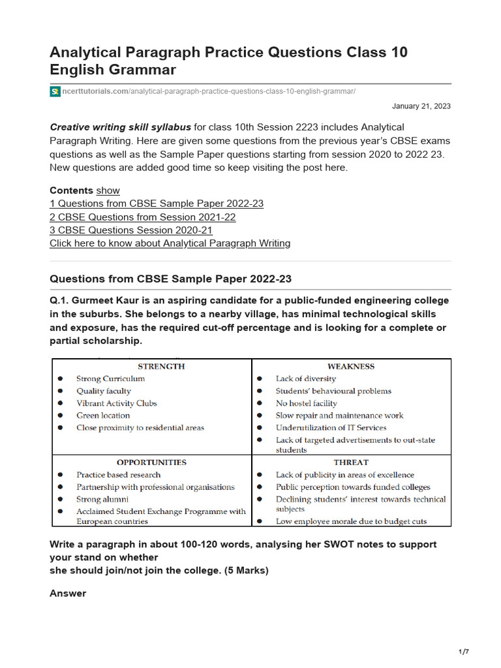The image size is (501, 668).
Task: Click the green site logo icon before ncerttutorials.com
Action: pos(55,91)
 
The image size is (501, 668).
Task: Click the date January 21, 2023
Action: pos(421,106)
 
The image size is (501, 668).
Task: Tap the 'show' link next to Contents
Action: pos(108,190)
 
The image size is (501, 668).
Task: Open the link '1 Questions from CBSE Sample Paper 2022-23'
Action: pos(157,204)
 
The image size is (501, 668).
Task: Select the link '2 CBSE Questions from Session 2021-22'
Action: pos(142,217)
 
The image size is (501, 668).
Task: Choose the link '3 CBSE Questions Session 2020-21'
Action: pos(130,230)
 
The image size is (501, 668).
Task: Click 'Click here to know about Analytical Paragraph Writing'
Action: pos(170,243)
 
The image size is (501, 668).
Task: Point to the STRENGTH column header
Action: pos(161,367)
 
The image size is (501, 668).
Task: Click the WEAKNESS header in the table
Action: pos(351,367)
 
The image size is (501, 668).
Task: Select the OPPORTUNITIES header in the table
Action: pos(151,463)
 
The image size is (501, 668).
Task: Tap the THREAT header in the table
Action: pos(352,463)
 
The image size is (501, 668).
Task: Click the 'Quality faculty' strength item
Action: pos(103,391)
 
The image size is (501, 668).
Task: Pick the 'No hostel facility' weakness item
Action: pos(306,404)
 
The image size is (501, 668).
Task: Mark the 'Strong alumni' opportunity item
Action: pos(102,500)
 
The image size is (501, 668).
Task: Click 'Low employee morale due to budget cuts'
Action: pos(351,521)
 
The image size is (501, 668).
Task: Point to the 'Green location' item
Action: pos(102,416)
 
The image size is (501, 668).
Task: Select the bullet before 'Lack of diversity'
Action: pos(260,379)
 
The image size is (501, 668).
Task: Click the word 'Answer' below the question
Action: pos(68,594)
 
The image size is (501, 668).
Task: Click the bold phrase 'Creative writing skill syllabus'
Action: pos(121,127)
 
